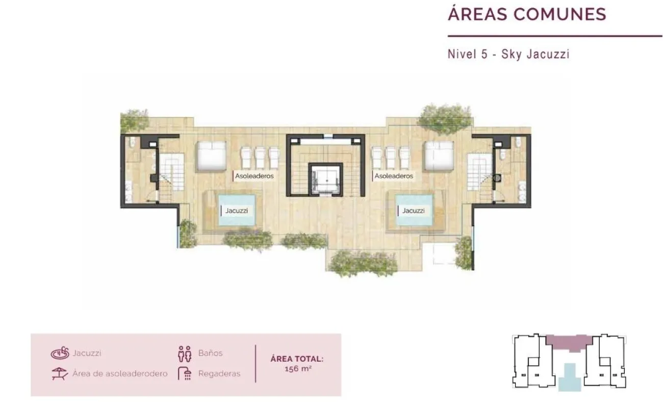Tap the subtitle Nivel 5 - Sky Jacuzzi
[508, 54]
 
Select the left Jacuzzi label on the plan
[237, 211]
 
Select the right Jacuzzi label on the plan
[414, 211]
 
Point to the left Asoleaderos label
[254, 176]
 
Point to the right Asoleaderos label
[394, 176]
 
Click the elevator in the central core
[325, 180]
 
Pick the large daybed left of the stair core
[211, 157]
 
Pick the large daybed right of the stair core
[439, 156]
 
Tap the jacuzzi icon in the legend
[60, 353]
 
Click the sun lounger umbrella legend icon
[60, 374]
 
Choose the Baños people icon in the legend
[185, 354]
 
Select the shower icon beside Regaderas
[185, 373]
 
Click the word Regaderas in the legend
[219, 374]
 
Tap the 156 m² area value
[298, 369]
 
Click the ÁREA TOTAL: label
[297, 359]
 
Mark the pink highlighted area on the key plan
[569, 343]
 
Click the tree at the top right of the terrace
[445, 119]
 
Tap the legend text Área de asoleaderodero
[120, 374]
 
